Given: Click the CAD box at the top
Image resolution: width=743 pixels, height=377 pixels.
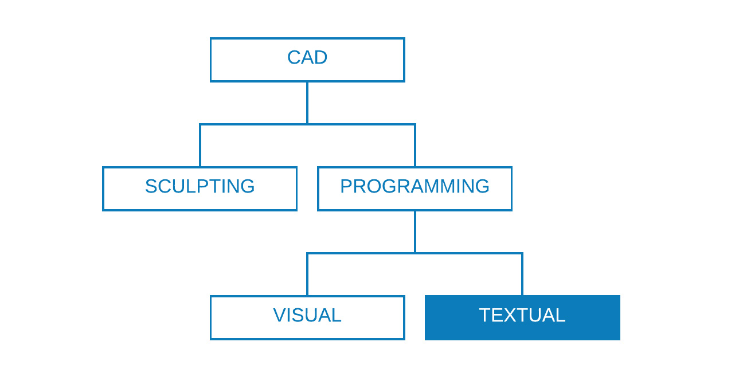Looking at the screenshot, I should click(x=307, y=60).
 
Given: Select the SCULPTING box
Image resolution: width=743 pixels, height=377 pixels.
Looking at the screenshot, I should click(x=200, y=188).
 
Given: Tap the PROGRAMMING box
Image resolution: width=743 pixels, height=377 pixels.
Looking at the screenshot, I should click(x=414, y=188).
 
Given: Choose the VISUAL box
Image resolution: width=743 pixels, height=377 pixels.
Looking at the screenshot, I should click(x=307, y=317).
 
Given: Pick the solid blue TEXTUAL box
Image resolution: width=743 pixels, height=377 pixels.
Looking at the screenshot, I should click(x=522, y=317).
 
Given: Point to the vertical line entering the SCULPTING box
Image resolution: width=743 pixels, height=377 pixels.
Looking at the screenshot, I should click(x=200, y=146).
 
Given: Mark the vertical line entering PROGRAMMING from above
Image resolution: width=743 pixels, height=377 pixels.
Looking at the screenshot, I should click(x=415, y=146).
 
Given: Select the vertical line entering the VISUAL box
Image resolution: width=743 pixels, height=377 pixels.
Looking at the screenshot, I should click(x=307, y=275).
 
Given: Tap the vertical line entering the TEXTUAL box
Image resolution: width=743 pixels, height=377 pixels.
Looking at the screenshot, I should click(x=522, y=275).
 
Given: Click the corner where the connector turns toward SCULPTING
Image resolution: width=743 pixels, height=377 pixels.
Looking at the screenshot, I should click(x=200, y=124).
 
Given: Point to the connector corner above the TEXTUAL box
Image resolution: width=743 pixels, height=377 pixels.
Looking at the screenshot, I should click(x=522, y=253).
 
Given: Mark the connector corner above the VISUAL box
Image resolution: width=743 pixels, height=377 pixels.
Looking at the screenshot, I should click(x=307, y=253).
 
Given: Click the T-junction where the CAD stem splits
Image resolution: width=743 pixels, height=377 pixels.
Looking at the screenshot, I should click(x=307, y=124).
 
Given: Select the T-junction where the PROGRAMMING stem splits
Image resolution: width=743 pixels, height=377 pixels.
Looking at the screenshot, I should click(x=415, y=253).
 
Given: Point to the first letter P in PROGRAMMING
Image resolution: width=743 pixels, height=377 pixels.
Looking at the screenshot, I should click(x=347, y=187).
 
